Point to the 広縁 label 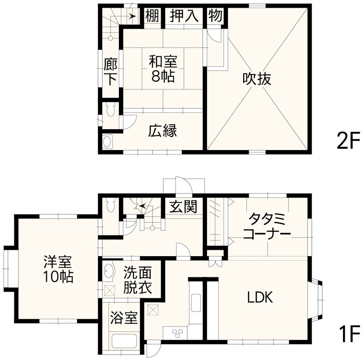(162, 131)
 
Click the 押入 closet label (184, 16)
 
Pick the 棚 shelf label (152, 16)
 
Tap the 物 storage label (215, 16)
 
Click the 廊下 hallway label (110, 72)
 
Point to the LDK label (260, 298)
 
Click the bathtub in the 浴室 (124, 343)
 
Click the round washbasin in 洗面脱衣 (109, 272)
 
